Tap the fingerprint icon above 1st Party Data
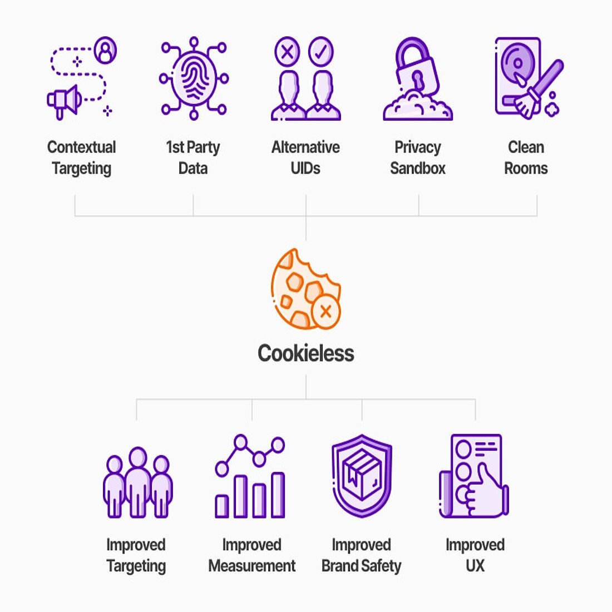[194, 78]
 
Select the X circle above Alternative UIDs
[287, 52]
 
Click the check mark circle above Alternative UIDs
[321, 52]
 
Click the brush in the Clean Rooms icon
[537, 89]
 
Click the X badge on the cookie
[326, 312]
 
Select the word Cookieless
[306, 353]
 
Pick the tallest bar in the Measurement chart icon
[278, 495]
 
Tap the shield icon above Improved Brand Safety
[362, 476]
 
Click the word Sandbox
[417, 168]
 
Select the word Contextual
[82, 147]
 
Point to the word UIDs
[305, 168]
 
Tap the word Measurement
[252, 566]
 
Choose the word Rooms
[526, 168]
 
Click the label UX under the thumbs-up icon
[475, 566]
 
